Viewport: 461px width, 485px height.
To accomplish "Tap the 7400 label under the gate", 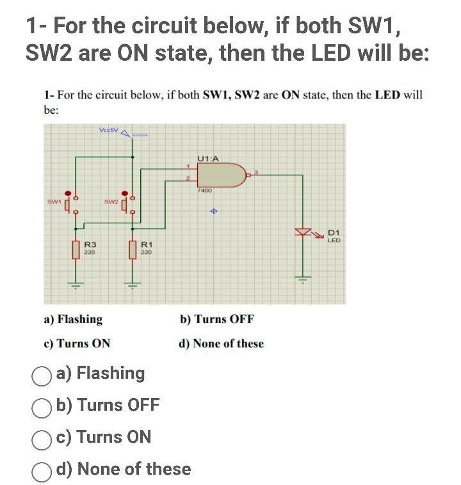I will [204, 191].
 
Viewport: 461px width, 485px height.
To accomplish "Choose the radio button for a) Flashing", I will [43, 374].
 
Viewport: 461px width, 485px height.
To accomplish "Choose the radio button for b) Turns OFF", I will [43, 406].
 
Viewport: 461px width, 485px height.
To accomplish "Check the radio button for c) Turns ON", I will [43, 438].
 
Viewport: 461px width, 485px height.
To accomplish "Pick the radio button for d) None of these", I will [43, 470].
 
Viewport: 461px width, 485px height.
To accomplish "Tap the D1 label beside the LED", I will [334, 233].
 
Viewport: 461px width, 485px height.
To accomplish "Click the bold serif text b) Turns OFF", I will [217, 319].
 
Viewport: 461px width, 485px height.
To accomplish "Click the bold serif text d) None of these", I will [222, 344].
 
